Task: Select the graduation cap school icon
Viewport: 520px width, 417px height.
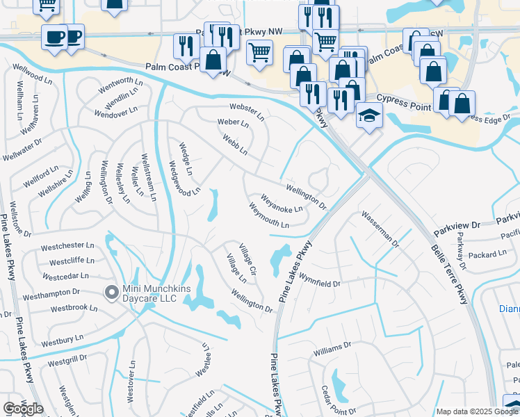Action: click(369, 115)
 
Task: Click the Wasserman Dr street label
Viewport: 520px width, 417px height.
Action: click(380, 230)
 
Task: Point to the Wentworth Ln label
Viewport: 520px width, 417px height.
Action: click(120, 86)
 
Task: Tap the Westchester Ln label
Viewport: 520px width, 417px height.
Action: click(67, 245)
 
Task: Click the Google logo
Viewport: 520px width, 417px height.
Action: click(24, 408)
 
